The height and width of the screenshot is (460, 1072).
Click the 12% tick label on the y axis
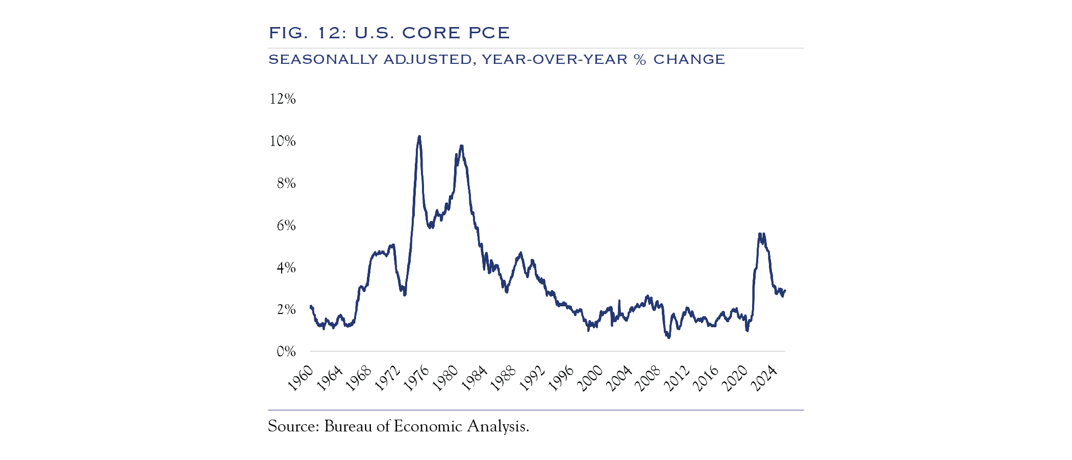pyautogui.click(x=282, y=99)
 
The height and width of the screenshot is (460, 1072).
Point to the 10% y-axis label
pyautogui.click(x=282, y=141)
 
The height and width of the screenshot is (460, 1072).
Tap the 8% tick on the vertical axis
pyautogui.click(x=286, y=183)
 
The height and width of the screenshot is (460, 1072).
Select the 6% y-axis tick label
pyautogui.click(x=286, y=225)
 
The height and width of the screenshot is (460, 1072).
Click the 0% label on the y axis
pyautogui.click(x=286, y=351)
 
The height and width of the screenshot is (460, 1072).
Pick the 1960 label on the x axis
pyautogui.click(x=301, y=378)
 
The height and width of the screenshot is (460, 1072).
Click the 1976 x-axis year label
pyautogui.click(x=417, y=378)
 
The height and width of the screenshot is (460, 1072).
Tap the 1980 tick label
pyautogui.click(x=446, y=378)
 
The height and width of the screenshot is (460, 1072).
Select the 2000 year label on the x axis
pyautogui.click(x=591, y=378)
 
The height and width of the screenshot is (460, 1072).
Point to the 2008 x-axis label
pyautogui.click(x=649, y=378)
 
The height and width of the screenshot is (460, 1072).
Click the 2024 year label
pyautogui.click(x=765, y=378)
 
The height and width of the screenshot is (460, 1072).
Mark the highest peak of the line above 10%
pyautogui.click(x=419, y=136)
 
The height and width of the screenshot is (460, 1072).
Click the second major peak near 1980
pyautogui.click(x=461, y=146)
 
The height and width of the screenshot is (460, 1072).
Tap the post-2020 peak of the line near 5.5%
pyautogui.click(x=760, y=234)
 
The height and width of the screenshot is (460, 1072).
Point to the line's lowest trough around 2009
pyautogui.click(x=668, y=337)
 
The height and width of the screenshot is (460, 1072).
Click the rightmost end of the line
pyautogui.click(x=785, y=290)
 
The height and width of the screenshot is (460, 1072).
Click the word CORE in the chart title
pyautogui.click(x=431, y=33)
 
